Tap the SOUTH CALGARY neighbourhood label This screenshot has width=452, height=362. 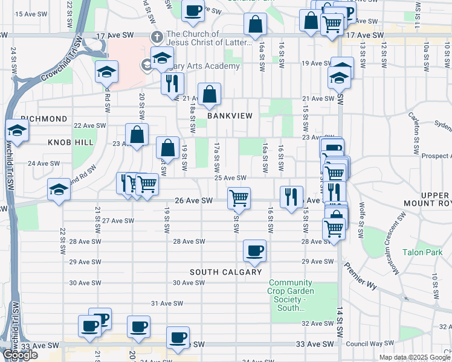[225, 272]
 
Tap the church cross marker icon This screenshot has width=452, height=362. [157, 37]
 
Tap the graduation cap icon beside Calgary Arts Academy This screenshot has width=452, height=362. [162, 58]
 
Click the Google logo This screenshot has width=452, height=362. [20, 355]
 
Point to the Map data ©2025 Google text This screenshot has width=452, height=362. [415, 357]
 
